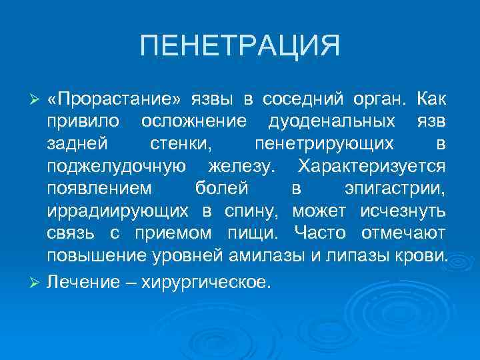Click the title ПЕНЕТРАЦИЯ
pyautogui.click(x=240, y=47)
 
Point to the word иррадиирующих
pyautogui.click(x=119, y=211)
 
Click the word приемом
pyautogui.click(x=168, y=233)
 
